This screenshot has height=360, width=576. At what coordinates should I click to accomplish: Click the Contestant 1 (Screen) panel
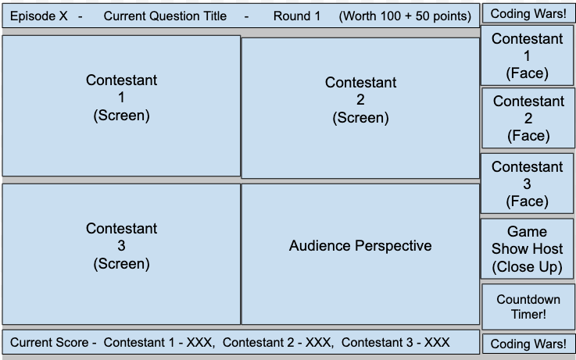click(121, 105)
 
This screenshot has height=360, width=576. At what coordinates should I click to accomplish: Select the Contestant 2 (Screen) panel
click(360, 108)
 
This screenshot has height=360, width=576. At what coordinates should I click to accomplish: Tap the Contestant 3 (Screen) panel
click(121, 254)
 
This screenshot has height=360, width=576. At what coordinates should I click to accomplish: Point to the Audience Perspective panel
click(360, 254)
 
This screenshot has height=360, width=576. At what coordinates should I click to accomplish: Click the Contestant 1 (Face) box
click(528, 56)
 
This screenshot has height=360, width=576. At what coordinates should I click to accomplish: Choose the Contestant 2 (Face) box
click(528, 118)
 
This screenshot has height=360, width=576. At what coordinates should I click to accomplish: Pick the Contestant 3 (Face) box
click(528, 184)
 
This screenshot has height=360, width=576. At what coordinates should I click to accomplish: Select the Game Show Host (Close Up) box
click(528, 249)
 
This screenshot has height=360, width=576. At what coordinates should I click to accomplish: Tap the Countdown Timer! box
click(528, 306)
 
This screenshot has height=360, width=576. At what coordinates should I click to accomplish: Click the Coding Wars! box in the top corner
click(528, 13)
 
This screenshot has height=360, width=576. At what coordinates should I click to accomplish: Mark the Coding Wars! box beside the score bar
click(528, 344)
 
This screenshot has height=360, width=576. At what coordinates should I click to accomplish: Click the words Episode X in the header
click(38, 16)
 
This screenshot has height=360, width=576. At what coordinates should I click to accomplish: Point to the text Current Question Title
click(165, 16)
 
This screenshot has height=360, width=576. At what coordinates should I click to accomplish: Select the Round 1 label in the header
click(296, 16)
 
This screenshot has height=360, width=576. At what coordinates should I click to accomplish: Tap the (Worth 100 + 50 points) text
click(405, 16)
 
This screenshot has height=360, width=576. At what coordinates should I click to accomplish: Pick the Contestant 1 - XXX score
click(159, 342)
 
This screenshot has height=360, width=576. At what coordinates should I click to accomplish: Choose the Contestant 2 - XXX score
click(277, 342)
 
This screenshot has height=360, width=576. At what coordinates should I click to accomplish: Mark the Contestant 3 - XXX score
click(395, 342)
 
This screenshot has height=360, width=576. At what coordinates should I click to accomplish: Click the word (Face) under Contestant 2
click(528, 136)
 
